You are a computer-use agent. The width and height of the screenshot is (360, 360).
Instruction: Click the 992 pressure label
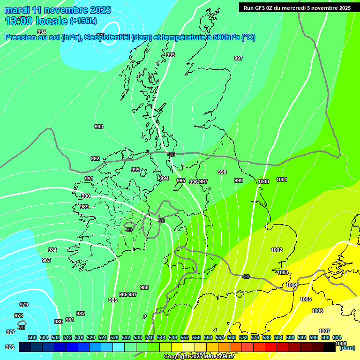(x=95, y=158)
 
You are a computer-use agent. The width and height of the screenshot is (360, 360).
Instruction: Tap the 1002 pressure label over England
(x=277, y=250)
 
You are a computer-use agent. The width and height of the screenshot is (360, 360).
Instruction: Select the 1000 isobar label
(x=263, y=181)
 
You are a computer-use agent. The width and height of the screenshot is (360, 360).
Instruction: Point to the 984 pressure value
(x=52, y=250)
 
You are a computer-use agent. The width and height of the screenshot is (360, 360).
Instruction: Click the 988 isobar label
(x=144, y=287)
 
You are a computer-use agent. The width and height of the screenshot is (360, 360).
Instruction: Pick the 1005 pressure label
(x=306, y=299)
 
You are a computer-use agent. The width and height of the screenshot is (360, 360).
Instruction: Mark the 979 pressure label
(x=24, y=305)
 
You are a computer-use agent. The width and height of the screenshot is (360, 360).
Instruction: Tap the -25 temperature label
(x=171, y=154)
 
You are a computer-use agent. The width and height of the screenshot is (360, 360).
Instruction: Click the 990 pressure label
(x=86, y=196)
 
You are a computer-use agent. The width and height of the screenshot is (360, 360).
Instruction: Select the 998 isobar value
(x=222, y=172)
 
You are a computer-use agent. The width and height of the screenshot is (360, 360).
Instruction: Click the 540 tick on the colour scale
(x=150, y=337)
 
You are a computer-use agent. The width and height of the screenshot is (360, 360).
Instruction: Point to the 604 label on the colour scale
(x=337, y=337)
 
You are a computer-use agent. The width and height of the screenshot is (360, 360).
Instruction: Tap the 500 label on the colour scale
(x=32, y=337)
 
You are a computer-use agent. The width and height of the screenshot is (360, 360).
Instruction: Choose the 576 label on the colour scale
(x=255, y=337)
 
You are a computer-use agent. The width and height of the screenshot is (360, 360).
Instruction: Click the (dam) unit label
(x=347, y=348)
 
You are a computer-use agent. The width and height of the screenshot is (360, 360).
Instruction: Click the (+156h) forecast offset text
(x=83, y=21)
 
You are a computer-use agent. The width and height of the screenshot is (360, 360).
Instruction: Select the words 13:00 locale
(x=36, y=21)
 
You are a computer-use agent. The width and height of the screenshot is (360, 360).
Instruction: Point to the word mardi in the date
(x=17, y=10)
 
